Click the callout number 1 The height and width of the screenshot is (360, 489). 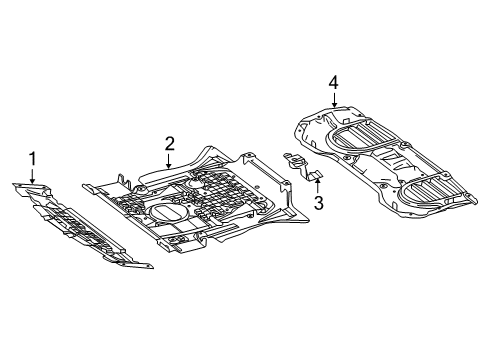pyautogui.click(x=32, y=159)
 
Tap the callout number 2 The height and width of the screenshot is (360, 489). pyautogui.click(x=169, y=144)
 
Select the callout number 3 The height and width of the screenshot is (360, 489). pyautogui.click(x=319, y=203)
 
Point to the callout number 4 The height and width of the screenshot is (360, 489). pyautogui.click(x=333, y=82)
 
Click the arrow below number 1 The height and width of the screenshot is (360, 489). pyautogui.click(x=32, y=176)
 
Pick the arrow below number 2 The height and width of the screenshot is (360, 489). pyautogui.click(x=169, y=161)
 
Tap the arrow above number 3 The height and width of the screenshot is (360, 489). pyautogui.click(x=318, y=186)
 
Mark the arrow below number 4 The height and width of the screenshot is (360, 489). pyautogui.click(x=334, y=100)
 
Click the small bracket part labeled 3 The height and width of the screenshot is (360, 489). pyautogui.click(x=302, y=167)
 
